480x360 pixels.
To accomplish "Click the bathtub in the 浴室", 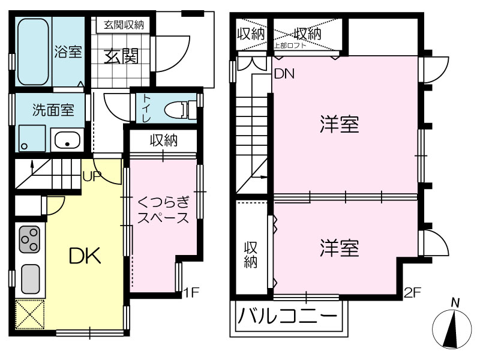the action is tap(34, 52).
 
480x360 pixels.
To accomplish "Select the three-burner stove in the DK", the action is tap(29, 239).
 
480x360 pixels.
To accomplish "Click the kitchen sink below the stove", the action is tap(30, 279).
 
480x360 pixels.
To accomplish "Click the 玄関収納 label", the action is tap(124, 25).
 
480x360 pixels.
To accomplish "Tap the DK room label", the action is tap(85, 256).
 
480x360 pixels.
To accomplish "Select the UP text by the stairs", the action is tap(92, 176).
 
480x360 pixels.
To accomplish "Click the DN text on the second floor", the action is tap(284, 74).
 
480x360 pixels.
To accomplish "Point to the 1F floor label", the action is tap(191, 293).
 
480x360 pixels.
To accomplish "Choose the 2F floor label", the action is tap(412, 293).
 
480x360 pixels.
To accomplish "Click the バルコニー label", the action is tap(287, 316).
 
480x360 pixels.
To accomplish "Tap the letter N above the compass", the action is tap(455, 303).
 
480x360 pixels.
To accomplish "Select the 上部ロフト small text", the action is tap(290, 46).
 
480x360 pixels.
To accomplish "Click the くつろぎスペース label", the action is tap(163, 211).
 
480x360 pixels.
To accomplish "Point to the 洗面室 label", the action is tap(53, 110).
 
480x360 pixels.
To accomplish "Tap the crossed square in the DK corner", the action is tap(29, 314).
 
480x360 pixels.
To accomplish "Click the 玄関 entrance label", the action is tap(122, 56).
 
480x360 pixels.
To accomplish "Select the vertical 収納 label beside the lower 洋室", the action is tap(250, 254).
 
